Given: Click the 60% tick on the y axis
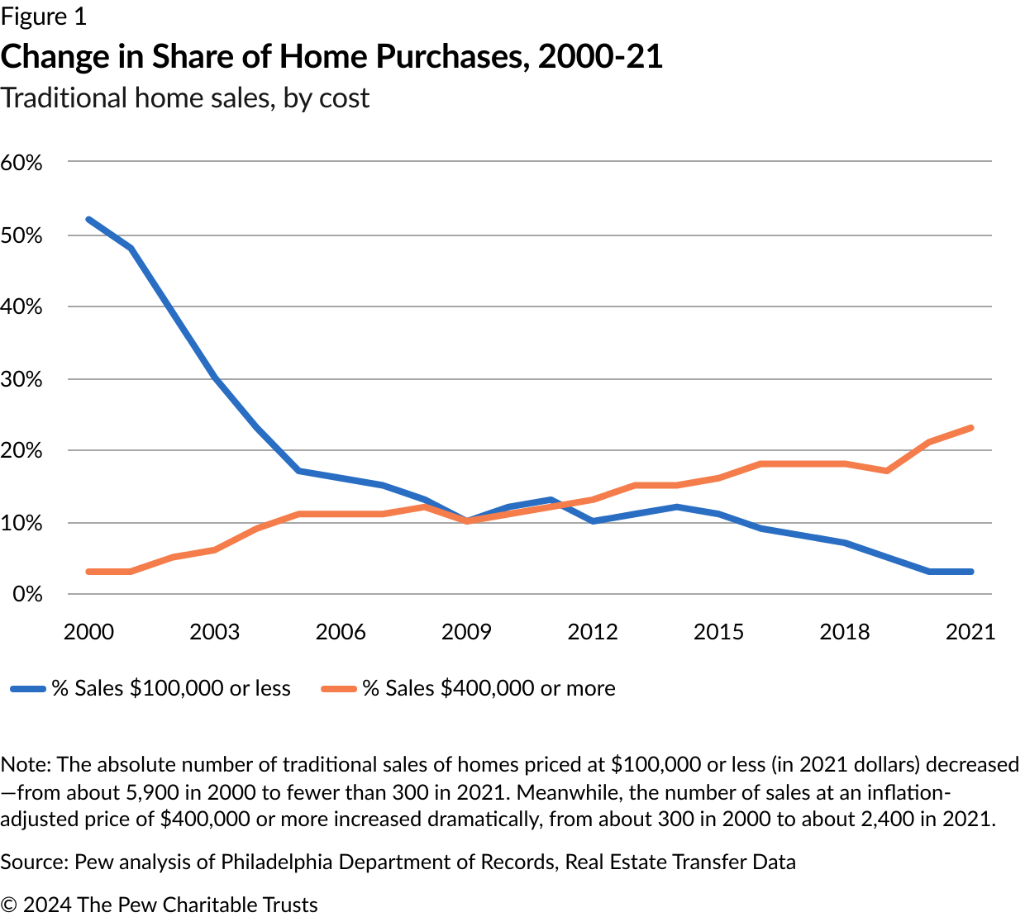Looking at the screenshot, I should [21, 162].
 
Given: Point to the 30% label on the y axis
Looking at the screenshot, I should [21, 379].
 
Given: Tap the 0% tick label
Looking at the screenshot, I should [27, 594].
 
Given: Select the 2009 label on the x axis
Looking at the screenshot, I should [466, 632].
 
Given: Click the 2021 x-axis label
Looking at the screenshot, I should [970, 632].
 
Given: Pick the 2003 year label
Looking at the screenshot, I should [214, 632].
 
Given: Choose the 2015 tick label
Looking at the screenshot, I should [718, 632].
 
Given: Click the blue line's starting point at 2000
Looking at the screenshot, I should [88, 220].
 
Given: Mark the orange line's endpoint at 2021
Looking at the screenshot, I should [970, 428].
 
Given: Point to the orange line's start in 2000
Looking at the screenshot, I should [88, 572].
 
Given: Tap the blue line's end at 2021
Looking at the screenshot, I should [970, 572].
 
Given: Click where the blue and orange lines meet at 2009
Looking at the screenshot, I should [467, 521].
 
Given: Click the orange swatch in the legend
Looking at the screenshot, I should [339, 688].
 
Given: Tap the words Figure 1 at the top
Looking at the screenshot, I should [43, 17].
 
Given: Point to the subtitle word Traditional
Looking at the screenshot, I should [64, 97].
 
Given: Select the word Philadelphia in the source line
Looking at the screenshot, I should [280, 862].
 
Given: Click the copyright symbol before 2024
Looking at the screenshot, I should [9, 905].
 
